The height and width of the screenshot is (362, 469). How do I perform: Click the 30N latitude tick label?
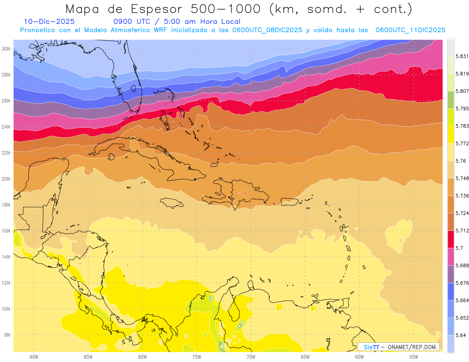(x=6, y=49)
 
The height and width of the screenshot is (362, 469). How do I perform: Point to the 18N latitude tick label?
(x=6, y=205)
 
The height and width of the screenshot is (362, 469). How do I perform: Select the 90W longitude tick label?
(x=34, y=357)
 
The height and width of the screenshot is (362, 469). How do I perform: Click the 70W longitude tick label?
(x=251, y=357)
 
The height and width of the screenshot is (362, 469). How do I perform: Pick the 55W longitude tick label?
(x=414, y=357)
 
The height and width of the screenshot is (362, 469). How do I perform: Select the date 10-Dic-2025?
(x=49, y=22)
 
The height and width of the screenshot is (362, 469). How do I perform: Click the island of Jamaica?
(x=172, y=203)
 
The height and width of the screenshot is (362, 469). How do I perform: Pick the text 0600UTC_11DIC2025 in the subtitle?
(x=410, y=30)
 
